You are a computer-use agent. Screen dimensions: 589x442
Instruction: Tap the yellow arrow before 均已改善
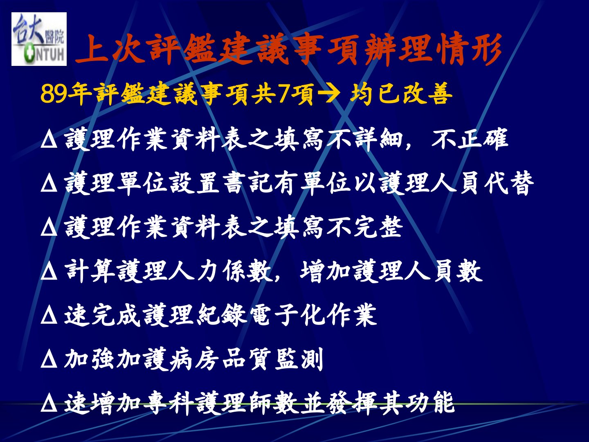tap(329, 94)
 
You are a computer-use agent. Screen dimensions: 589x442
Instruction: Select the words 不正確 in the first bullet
tap(470, 140)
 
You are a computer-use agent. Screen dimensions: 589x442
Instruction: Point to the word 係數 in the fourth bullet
tap(248, 271)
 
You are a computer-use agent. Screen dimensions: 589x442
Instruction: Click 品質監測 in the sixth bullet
tap(273, 359)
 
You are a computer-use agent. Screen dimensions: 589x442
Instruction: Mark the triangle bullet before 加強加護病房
tap(49, 360)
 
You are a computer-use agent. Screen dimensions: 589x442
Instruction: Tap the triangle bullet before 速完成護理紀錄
tap(49, 316)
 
